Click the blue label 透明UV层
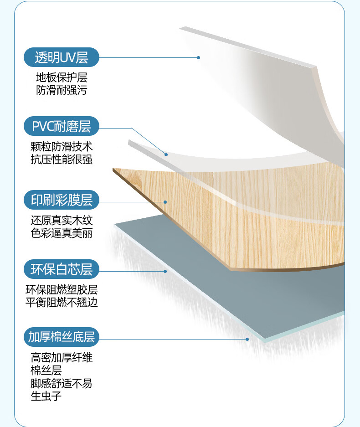tap(62, 57)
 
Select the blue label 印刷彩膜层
tap(62, 200)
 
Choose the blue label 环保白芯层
tap(62, 269)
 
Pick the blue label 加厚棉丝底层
tap(62, 337)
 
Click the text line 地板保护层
tap(62, 77)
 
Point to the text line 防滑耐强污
tap(62, 90)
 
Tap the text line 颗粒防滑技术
tap(62, 147)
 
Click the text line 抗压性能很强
tap(62, 159)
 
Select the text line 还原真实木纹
tap(62, 221)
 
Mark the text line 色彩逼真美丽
tap(62, 233)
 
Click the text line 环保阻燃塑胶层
tap(62, 290)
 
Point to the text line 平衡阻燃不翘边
tap(62, 302)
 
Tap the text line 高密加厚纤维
tap(62, 358)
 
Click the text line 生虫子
tap(46, 396)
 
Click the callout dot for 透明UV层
tap(198, 57)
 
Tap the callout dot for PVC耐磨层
tap(166, 154)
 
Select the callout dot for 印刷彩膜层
tap(166, 202)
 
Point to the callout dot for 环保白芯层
tap(165, 271)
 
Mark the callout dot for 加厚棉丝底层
tap(247, 339)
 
